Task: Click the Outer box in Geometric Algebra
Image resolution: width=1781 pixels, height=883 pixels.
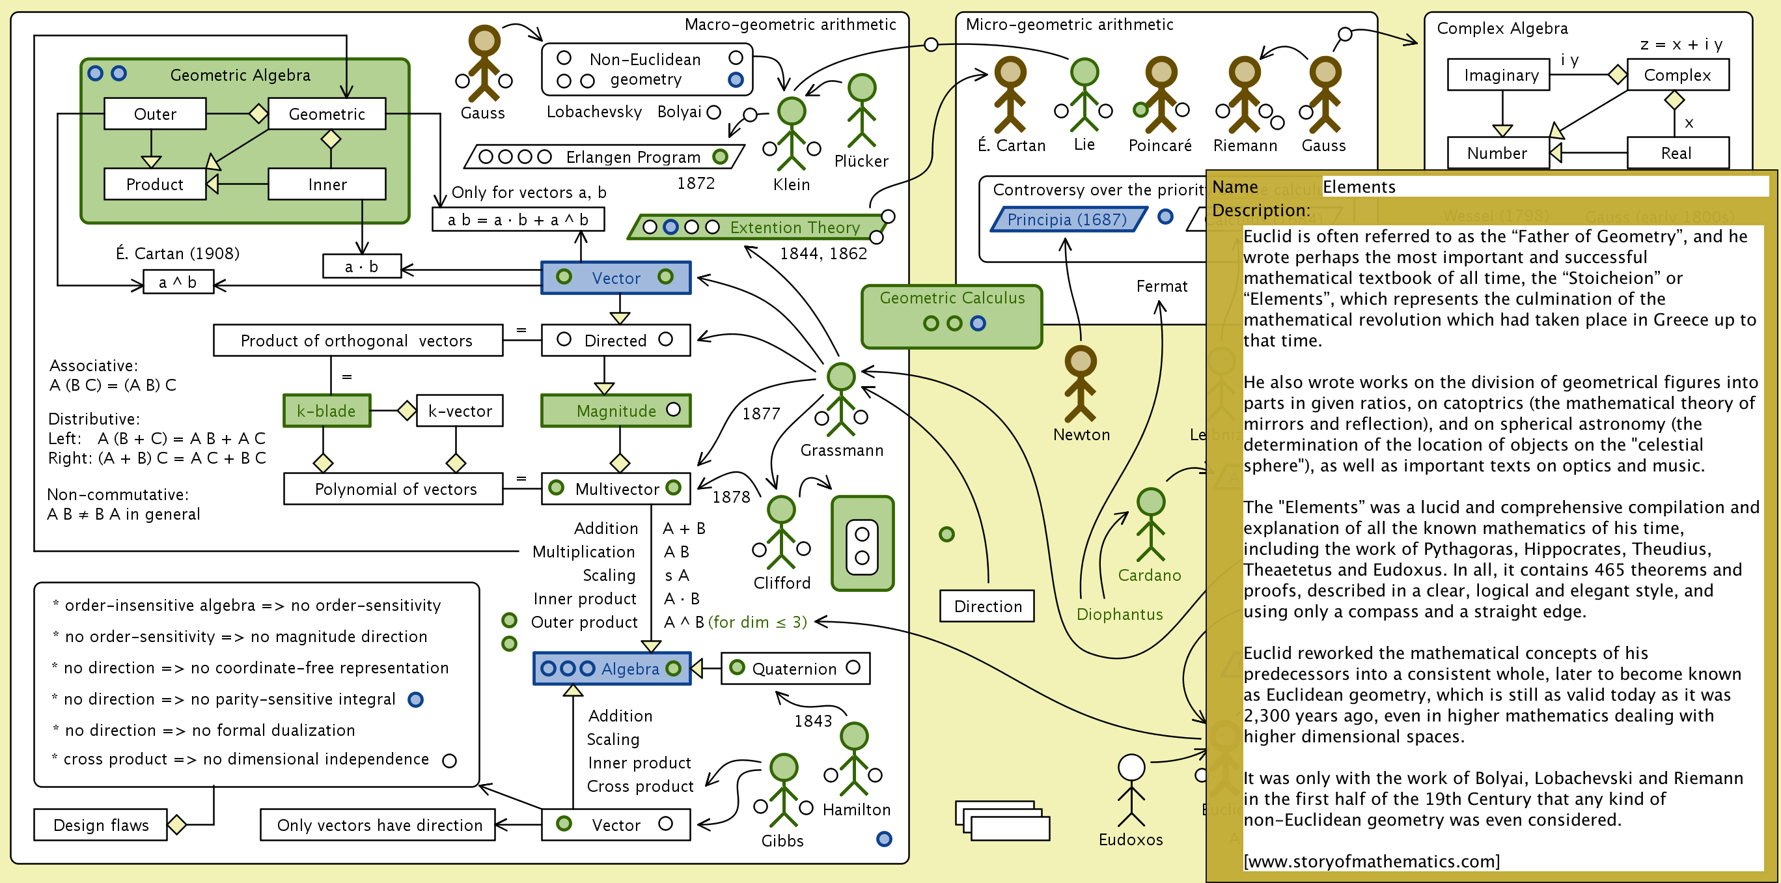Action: click(x=155, y=113)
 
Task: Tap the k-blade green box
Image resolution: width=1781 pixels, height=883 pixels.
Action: click(x=326, y=411)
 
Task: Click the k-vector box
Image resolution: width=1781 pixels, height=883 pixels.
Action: click(x=460, y=411)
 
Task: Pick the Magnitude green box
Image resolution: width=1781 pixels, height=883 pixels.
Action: click(x=615, y=411)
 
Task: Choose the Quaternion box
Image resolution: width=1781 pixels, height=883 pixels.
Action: click(x=794, y=669)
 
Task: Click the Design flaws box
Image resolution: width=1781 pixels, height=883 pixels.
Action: click(x=101, y=825)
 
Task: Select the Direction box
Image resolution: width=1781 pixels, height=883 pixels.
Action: click(x=987, y=606)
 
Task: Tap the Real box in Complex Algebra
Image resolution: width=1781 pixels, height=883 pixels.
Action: click(x=1677, y=153)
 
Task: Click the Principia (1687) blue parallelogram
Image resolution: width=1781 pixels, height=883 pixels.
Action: click(x=1068, y=219)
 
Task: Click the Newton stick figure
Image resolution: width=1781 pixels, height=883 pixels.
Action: click(x=1081, y=384)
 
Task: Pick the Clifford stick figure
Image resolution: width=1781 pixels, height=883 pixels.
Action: click(x=781, y=533)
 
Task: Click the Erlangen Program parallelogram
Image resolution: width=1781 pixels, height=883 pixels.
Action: click(x=604, y=157)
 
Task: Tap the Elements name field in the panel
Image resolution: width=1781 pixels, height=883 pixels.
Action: click(x=1542, y=187)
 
